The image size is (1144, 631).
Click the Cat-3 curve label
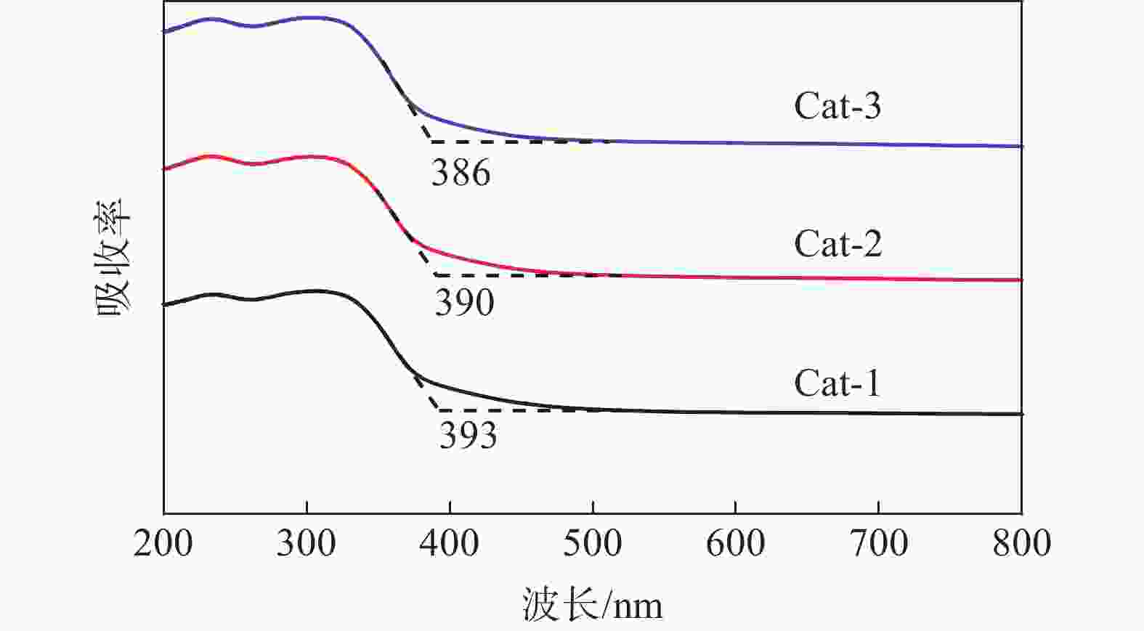coord(837,106)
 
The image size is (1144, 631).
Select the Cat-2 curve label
coord(837,244)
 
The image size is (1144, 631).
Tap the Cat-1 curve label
coord(837,383)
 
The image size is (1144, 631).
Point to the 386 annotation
coord(461,173)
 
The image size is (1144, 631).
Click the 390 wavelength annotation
coord(464,302)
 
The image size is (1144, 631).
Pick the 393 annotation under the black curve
coord(468,436)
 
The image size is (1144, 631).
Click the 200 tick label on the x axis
coord(163,543)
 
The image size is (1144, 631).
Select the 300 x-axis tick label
coord(306,543)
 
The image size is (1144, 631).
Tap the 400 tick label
coord(450,543)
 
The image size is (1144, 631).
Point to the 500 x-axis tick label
coord(593,543)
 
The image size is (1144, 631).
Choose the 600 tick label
coord(736,543)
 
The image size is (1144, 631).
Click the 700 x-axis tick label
coord(879,543)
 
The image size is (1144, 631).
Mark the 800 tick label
coord(1022,543)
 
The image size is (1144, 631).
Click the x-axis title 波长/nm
coord(592,604)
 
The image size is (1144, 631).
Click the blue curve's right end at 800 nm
coord(1021,146)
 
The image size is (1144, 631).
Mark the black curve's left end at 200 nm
coord(165,305)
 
